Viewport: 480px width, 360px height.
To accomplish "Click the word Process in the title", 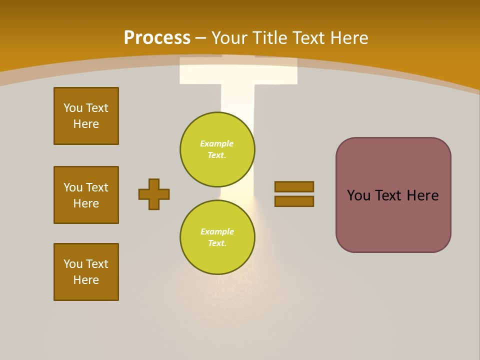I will pos(157,38).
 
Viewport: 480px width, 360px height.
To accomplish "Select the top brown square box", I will pos(86,116).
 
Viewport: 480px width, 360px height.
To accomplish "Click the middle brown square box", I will pos(86,195).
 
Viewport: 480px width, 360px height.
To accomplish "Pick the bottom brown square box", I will pos(86,272).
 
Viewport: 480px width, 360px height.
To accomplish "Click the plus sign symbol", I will pos(154,194).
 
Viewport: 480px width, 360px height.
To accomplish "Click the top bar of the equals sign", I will pos(294,186).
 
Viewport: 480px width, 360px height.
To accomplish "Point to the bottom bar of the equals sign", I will pos(294,201).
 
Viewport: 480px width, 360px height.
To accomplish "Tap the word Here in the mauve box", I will pos(422,195).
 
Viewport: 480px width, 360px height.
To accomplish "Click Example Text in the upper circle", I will pos(217,149).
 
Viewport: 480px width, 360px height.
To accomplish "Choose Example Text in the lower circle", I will pos(217,237).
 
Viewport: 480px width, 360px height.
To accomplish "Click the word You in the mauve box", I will pos(358,195).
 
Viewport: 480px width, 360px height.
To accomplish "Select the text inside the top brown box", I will pos(86,116).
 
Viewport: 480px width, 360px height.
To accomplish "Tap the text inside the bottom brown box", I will pos(86,272).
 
